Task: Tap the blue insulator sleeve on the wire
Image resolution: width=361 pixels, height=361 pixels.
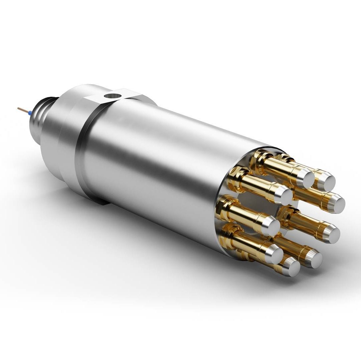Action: click(30, 113)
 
